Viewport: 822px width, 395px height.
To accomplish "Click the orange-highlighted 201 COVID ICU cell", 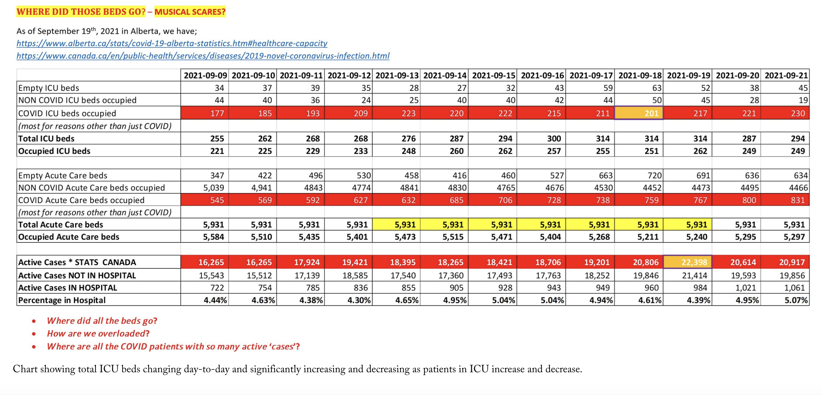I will (639, 113).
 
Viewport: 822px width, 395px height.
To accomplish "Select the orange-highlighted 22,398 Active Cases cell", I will (687, 262).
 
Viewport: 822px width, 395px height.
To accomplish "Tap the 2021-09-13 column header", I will (397, 75).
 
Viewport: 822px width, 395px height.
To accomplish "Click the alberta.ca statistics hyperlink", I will (172, 43).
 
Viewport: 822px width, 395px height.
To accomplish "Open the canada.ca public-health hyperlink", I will (203, 56).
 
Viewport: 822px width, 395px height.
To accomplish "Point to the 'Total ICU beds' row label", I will (46, 139).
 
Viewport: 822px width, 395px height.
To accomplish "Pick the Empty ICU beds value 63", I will (656, 88).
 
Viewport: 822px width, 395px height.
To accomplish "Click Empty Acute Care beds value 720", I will (654, 175).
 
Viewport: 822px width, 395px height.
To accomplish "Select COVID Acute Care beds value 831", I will (798, 200).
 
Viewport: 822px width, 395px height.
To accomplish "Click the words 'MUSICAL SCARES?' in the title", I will (190, 12).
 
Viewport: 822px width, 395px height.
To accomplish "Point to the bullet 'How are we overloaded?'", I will (98, 334).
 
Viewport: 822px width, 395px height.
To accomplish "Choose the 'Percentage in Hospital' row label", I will (62, 300).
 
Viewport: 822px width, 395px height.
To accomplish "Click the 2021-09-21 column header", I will (786, 75).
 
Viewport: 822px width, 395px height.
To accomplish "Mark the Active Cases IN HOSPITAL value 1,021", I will (745, 288).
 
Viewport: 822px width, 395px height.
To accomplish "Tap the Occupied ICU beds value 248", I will (408, 151).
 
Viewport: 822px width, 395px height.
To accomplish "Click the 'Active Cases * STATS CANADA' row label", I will (77, 262).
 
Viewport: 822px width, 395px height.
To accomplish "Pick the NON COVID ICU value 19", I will (803, 100).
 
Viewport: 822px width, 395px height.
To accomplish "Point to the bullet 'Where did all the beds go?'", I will (102, 321).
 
